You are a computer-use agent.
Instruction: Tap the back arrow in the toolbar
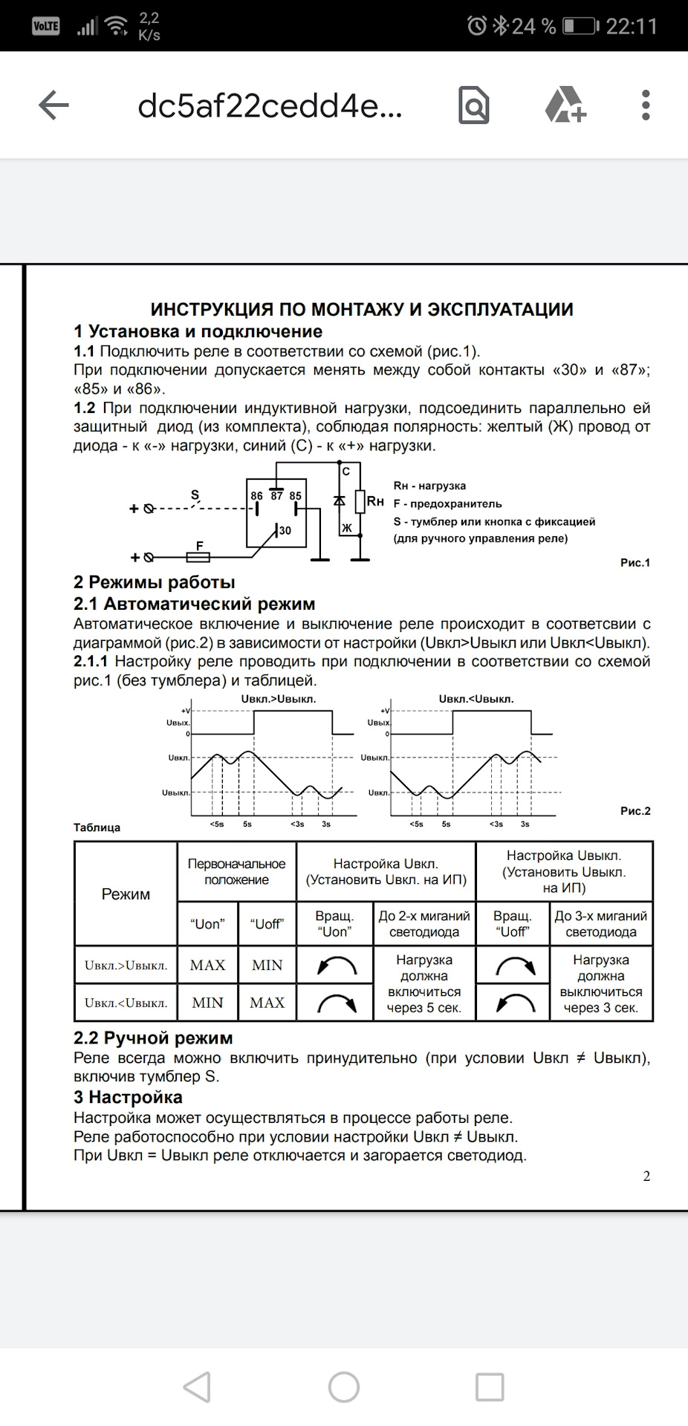(53, 105)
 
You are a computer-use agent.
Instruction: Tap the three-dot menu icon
(646, 105)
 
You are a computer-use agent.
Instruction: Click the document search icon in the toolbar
(473, 105)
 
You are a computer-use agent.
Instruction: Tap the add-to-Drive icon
(565, 105)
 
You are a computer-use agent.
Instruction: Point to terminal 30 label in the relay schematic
(285, 530)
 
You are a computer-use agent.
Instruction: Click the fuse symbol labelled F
(198, 556)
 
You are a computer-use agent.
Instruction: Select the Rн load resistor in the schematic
(360, 502)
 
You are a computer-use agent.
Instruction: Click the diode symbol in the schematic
(340, 501)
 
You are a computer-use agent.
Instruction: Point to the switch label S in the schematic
(195, 495)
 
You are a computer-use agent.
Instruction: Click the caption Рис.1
(635, 563)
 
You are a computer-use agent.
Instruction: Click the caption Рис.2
(635, 811)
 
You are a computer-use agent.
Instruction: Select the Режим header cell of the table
(126, 894)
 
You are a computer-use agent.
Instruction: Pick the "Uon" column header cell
(207, 925)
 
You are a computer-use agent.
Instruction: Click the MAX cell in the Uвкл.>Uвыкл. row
(207, 965)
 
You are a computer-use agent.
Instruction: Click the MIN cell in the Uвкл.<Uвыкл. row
(207, 1003)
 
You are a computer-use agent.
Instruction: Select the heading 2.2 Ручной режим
(153, 1038)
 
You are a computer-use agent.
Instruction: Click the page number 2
(646, 1176)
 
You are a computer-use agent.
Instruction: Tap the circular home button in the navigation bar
(344, 1387)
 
